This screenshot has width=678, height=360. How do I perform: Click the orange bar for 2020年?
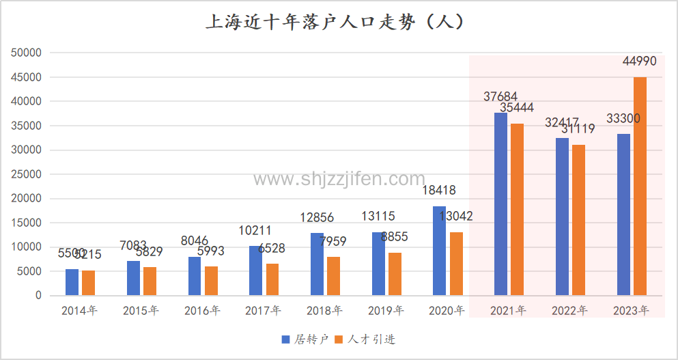[456, 264]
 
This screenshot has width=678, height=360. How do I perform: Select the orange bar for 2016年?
[211, 281]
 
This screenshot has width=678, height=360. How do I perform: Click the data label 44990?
[639, 61]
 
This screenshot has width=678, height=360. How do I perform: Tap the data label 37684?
[500, 97]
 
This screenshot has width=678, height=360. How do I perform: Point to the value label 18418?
[439, 191]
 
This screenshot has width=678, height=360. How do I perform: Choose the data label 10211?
[255, 231]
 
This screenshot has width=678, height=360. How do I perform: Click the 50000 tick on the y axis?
[28, 53]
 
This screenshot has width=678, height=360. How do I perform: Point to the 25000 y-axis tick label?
[28, 174]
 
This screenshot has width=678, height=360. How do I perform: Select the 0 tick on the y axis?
[39, 296]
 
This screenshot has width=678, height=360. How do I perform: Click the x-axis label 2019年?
[386, 311]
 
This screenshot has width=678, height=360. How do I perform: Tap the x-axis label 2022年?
[569, 311]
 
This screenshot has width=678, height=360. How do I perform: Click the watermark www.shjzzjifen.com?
[339, 179]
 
